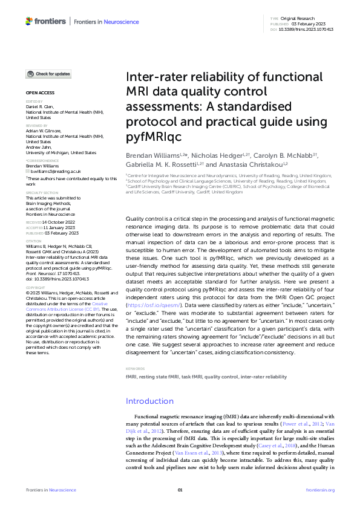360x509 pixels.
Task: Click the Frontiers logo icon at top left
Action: (30, 21)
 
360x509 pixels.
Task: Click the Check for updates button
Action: (48, 74)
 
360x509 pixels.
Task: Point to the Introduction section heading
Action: (149, 401)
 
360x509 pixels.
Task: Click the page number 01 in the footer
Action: (180, 489)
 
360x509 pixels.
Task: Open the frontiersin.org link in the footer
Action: (320, 489)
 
